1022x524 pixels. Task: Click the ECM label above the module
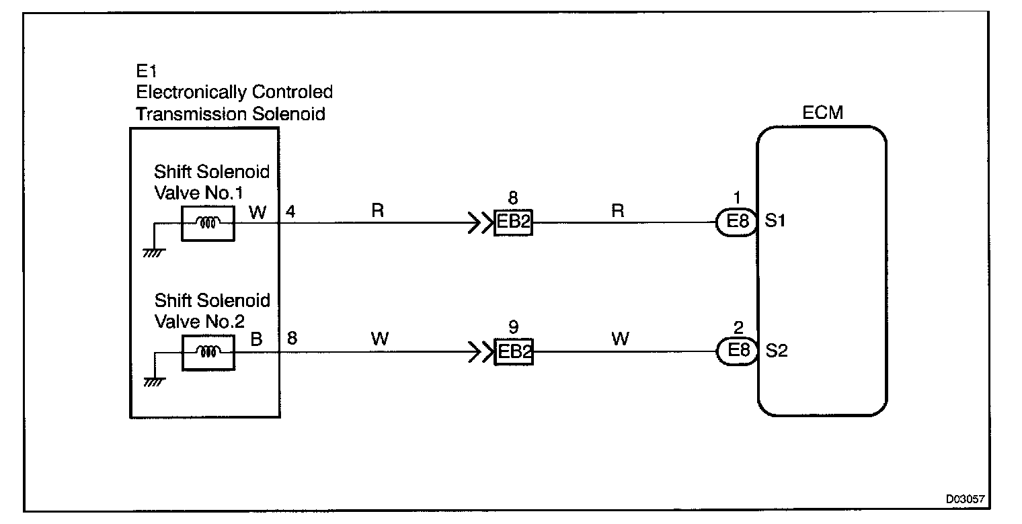pyautogui.click(x=822, y=113)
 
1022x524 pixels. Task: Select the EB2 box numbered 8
pyautogui.click(x=513, y=222)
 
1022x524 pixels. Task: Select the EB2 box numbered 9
pyautogui.click(x=513, y=351)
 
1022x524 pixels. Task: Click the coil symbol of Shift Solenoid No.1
pyautogui.click(x=208, y=223)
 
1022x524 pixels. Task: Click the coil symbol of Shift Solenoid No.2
pyautogui.click(x=208, y=351)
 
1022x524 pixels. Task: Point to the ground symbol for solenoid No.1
pyautogui.click(x=154, y=252)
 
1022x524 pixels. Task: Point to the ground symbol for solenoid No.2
pyautogui.click(x=154, y=382)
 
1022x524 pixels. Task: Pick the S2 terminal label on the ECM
pyautogui.click(x=776, y=351)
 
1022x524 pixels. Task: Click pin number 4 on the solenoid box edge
pyautogui.click(x=290, y=212)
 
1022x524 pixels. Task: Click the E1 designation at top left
pyautogui.click(x=146, y=71)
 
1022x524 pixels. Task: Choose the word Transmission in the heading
pyautogui.click(x=191, y=114)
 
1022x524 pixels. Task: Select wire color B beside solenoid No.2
pyautogui.click(x=256, y=340)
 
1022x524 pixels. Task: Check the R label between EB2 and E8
pyautogui.click(x=618, y=211)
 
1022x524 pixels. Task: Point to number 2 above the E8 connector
pyautogui.click(x=738, y=329)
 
